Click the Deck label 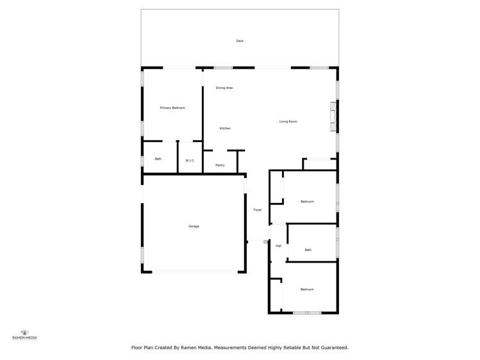[x=240, y=41]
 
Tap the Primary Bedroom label [x=172, y=108]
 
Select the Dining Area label [x=224, y=88]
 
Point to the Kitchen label [x=225, y=128]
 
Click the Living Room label [x=288, y=122]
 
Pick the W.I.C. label [x=190, y=160]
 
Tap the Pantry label [x=220, y=165]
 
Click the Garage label [x=194, y=226]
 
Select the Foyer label [x=257, y=210]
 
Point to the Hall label [x=278, y=246]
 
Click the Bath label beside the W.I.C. [x=158, y=159]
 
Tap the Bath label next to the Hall [x=308, y=250]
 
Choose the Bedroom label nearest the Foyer [x=307, y=202]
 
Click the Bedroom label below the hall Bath [x=307, y=290]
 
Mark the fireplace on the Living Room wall [x=332, y=116]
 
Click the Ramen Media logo [x=25, y=334]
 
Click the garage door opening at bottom [x=194, y=272]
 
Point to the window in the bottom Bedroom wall [x=307, y=313]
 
